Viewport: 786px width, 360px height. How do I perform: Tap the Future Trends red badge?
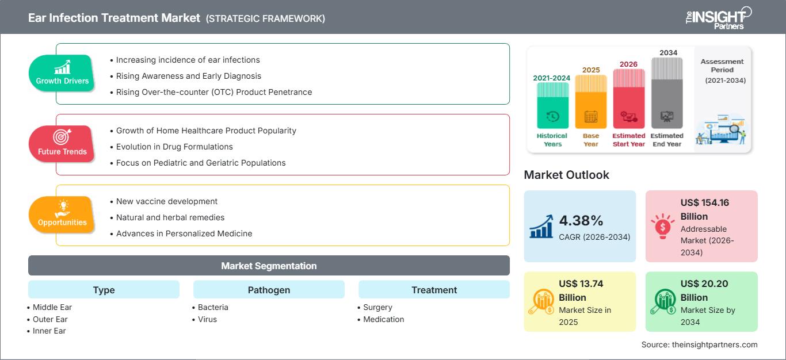tap(62, 144)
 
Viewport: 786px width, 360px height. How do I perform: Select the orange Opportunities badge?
tap(62, 215)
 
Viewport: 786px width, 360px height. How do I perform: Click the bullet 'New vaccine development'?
tap(167, 201)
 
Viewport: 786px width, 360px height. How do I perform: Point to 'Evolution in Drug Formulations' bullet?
tap(174, 147)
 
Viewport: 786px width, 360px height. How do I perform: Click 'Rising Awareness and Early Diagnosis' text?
tap(188, 76)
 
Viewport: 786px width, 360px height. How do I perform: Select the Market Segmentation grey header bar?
tap(269, 266)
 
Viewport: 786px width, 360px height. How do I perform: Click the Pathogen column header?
tap(269, 290)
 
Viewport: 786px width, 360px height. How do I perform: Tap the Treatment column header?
tap(434, 290)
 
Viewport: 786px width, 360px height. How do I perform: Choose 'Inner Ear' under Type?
tap(49, 331)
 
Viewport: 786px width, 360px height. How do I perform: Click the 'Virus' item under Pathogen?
tap(207, 319)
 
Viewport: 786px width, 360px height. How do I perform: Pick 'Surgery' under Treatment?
tap(377, 307)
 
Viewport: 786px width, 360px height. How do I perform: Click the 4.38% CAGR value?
tap(581, 220)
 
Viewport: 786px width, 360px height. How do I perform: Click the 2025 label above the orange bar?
tap(591, 70)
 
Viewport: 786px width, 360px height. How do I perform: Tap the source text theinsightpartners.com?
tap(700, 344)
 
